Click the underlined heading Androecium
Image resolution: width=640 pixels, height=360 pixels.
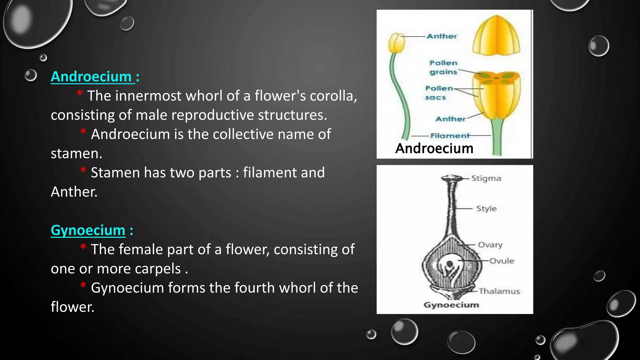coord(91,77)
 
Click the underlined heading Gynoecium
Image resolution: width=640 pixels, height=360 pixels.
coord(88,230)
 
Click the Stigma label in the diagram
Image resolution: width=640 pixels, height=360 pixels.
coord(486,178)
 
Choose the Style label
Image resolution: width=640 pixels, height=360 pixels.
coord(486,208)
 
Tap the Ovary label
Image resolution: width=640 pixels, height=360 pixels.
coord(490,245)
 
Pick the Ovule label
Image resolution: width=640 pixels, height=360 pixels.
coord(502,261)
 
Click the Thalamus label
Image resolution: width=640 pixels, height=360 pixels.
coord(499,291)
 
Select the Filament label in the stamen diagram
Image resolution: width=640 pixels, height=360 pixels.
coord(450,136)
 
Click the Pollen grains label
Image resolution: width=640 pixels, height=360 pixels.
coord(443,67)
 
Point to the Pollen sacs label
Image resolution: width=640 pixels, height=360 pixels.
coord(438,93)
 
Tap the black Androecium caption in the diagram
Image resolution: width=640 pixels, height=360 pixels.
coord(434,148)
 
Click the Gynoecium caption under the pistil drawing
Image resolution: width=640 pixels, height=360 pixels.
coord(451,305)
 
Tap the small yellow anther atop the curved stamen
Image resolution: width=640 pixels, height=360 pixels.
coord(397,43)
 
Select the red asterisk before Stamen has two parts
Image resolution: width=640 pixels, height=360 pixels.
coord(83,171)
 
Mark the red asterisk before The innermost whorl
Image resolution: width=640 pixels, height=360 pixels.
coord(80,93)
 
